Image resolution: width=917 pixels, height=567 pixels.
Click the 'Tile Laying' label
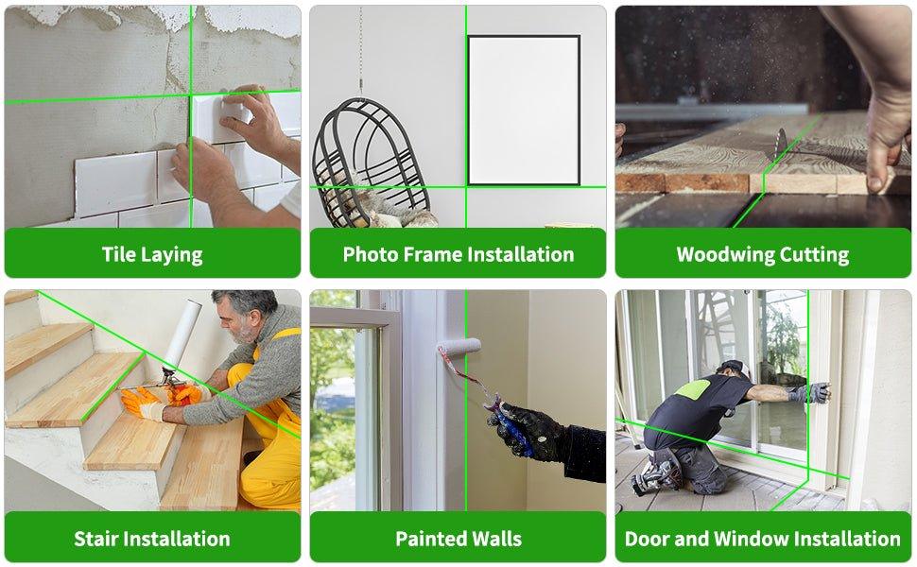point(152,254)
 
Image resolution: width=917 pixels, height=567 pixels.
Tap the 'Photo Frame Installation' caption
point(458,254)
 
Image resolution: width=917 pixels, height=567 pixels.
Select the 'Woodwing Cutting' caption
point(762,254)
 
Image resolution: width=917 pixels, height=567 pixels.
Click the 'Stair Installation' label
point(152,539)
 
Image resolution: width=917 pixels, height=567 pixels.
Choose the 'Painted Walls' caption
point(458,539)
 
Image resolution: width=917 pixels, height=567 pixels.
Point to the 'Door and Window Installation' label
point(762,539)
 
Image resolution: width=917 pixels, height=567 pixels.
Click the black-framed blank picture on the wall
point(523,110)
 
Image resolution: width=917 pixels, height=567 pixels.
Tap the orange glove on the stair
point(142,402)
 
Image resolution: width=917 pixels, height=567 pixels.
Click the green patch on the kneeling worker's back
point(694,388)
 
